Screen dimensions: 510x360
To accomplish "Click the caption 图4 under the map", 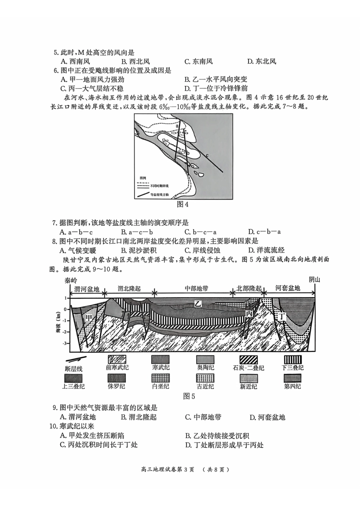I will [x=183, y=204].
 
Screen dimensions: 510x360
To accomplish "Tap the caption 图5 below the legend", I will [x=189, y=396].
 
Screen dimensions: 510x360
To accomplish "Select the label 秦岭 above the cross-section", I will [x=70, y=281].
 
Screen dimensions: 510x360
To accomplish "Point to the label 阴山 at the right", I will [x=315, y=280].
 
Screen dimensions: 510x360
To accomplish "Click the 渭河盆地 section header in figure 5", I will [x=87, y=289].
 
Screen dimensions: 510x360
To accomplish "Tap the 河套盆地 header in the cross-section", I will [x=288, y=288].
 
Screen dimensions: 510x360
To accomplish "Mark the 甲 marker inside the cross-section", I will [x=89, y=317].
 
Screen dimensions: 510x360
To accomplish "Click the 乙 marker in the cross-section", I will [x=198, y=303].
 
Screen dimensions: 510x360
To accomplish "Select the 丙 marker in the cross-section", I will [x=249, y=314].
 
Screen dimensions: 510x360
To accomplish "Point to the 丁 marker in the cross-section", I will [x=281, y=316].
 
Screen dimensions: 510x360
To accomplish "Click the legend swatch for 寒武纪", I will [x=160, y=359].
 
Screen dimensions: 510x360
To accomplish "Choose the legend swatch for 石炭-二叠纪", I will [x=249, y=359].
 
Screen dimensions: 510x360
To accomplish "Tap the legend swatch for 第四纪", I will [x=293, y=378].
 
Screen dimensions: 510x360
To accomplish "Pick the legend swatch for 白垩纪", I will [x=160, y=378].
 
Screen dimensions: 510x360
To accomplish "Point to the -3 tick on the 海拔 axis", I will [x=64, y=344].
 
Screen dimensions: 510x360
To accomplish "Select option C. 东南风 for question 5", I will [x=198, y=61].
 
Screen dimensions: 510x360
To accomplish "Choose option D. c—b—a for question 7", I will [x=264, y=232].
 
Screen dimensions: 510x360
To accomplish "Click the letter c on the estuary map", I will [x=207, y=155].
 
